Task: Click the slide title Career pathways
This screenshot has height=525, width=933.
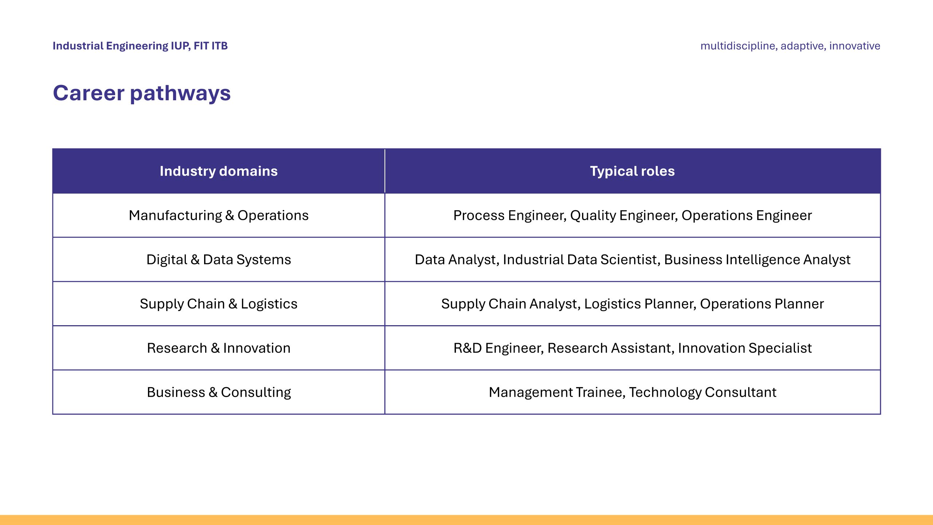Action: pyautogui.click(x=142, y=93)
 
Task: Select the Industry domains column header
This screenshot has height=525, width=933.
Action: pyautogui.click(x=219, y=171)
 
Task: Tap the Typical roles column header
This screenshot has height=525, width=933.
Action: pyautogui.click(x=632, y=171)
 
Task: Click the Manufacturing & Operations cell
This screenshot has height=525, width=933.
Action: pyautogui.click(x=219, y=215)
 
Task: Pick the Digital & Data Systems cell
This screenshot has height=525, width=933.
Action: pyautogui.click(x=219, y=260)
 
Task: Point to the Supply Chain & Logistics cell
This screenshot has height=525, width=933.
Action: pyautogui.click(x=219, y=304)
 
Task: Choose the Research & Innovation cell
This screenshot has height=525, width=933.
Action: pyautogui.click(x=219, y=348)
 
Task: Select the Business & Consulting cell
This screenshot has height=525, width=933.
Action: pyautogui.click(x=219, y=392)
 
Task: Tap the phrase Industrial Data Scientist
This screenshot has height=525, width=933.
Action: pyautogui.click(x=581, y=260)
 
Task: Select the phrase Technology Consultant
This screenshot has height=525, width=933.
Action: pyautogui.click(x=703, y=392)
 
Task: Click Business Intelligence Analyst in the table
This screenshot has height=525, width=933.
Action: pyautogui.click(x=757, y=260)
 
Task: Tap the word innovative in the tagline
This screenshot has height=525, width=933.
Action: pyautogui.click(x=855, y=46)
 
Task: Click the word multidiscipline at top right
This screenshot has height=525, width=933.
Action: pyautogui.click(x=738, y=46)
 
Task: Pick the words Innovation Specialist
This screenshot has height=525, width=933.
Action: pyautogui.click(x=745, y=348)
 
